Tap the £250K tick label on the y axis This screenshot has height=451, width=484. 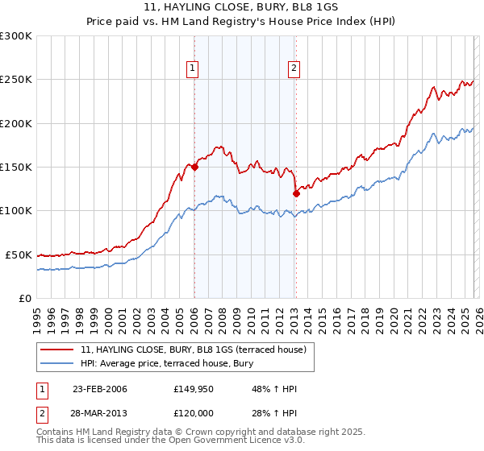(16, 80)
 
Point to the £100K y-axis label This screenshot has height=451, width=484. (16, 210)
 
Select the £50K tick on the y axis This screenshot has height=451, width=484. (19, 254)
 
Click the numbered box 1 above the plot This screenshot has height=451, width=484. (194, 69)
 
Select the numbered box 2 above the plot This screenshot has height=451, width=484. (294, 69)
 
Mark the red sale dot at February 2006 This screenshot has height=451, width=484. (194, 168)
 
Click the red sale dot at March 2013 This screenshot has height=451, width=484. (296, 193)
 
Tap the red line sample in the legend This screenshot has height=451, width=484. (56, 350)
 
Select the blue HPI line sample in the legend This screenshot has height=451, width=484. (56, 364)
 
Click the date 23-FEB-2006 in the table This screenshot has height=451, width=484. (99, 389)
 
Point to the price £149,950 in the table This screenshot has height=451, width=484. (193, 389)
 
